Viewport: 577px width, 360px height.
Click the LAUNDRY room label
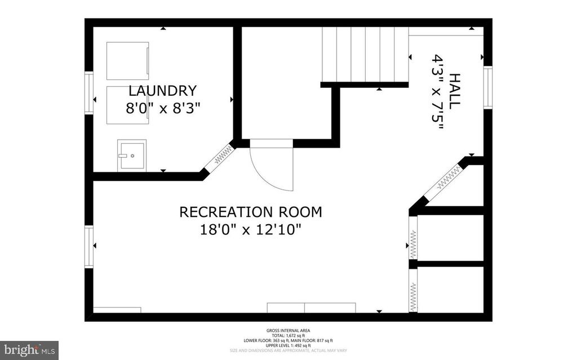[162, 91]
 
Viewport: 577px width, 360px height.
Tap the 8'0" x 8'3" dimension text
[162, 108]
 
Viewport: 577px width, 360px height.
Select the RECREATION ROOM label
[251, 212]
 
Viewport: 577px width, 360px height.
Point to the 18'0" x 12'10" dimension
[251, 230]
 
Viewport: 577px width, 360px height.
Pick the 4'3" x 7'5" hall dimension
[438, 91]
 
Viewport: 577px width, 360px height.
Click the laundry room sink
[132, 155]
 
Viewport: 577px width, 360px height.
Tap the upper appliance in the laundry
[128, 60]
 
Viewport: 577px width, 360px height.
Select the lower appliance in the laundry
[128, 104]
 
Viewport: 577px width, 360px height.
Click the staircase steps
[365, 55]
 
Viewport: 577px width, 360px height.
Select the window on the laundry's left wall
[89, 92]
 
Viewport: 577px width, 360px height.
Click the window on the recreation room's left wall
[89, 246]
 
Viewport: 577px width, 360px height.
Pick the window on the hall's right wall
[487, 87]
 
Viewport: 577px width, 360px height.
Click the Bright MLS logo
[29, 349]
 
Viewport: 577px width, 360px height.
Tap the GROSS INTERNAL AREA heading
[288, 331]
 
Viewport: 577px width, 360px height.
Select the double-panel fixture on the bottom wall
[311, 308]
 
